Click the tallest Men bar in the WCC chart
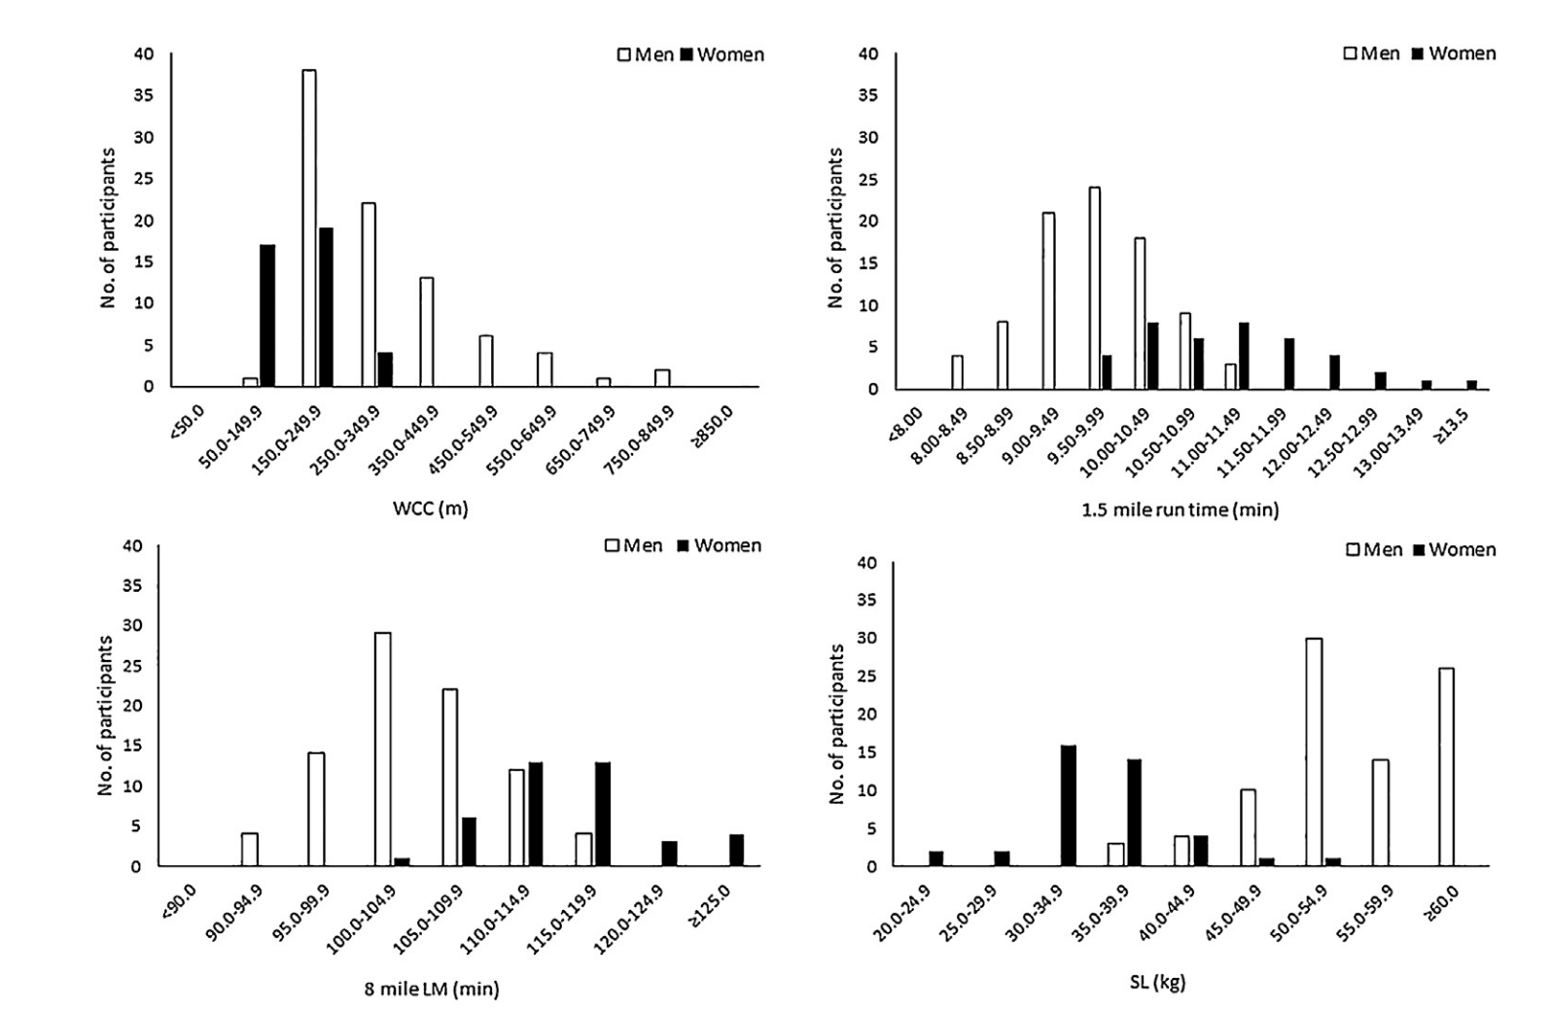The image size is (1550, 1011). [x=309, y=228]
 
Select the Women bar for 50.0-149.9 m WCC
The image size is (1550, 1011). [x=267, y=316]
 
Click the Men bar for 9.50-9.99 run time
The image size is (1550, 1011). [x=1095, y=288]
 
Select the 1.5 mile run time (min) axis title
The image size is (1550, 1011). [x=1180, y=509]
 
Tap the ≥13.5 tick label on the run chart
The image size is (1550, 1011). [x=1458, y=426]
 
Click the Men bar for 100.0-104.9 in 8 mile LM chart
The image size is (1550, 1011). [x=383, y=749]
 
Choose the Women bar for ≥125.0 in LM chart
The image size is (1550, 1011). [x=736, y=850]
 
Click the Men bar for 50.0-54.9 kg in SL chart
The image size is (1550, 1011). [x=1314, y=752]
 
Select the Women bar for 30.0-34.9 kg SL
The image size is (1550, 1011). [x=1069, y=805]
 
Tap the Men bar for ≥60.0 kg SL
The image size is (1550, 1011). [x=1446, y=767]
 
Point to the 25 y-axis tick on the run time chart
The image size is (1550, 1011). [x=869, y=180]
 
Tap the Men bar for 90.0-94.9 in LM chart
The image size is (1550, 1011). [x=250, y=849]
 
